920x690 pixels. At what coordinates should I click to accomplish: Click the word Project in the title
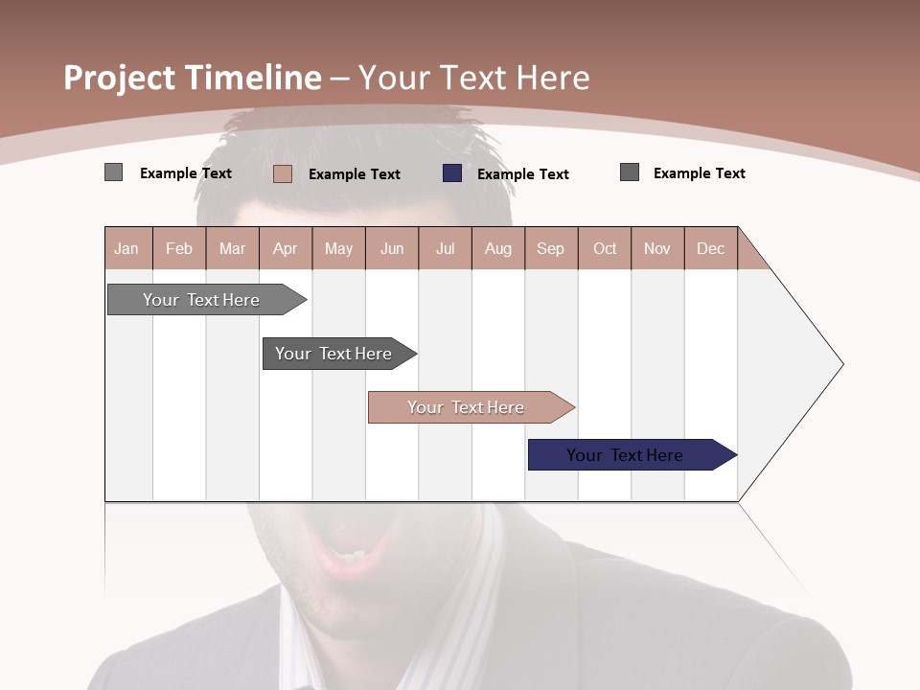tap(119, 79)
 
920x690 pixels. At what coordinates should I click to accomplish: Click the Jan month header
tap(126, 249)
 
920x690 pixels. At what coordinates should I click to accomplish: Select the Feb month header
tap(179, 249)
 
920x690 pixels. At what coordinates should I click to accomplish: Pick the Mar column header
tap(232, 249)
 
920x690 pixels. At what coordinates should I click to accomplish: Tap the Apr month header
tap(286, 249)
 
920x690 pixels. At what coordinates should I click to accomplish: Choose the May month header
tap(338, 249)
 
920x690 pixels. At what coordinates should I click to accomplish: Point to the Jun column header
tap(392, 249)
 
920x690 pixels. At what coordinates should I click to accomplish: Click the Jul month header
tap(445, 249)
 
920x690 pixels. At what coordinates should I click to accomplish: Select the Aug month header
tap(498, 249)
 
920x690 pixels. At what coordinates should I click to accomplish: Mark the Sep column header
tap(551, 249)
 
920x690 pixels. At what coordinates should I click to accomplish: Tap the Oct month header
tap(605, 249)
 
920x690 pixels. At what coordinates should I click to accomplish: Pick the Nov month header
tap(657, 249)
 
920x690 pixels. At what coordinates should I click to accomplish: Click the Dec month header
tap(711, 249)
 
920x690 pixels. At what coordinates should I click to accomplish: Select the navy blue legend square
tap(452, 173)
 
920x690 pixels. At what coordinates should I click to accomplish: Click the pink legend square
tap(283, 173)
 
